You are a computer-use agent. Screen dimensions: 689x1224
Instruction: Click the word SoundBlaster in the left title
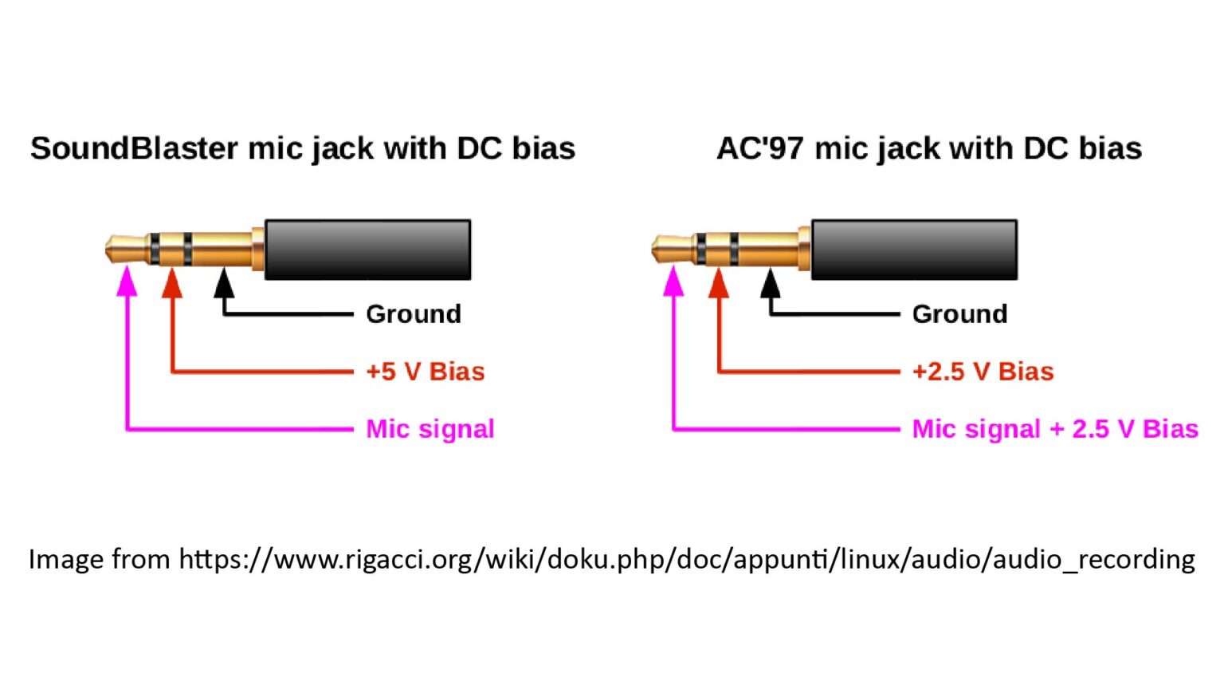tap(134, 149)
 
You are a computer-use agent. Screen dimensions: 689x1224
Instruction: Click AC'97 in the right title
tap(759, 149)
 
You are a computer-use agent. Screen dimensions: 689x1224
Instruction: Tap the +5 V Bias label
tap(425, 372)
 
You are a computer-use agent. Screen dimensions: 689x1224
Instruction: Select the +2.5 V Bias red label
tap(983, 372)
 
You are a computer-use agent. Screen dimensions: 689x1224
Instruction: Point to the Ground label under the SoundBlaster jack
tap(413, 314)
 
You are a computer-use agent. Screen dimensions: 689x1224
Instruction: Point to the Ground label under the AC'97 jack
tap(959, 314)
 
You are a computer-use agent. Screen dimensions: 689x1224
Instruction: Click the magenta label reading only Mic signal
tap(430, 429)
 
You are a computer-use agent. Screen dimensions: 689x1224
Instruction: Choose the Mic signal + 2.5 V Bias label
tap(1054, 429)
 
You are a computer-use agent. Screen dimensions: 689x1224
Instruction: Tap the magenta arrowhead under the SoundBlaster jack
tap(127, 282)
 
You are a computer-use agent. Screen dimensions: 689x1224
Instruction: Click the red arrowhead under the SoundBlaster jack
tap(172, 284)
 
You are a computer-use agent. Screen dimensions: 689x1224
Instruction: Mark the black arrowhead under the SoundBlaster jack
tap(225, 284)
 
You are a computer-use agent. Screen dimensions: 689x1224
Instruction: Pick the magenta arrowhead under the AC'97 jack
tap(673, 282)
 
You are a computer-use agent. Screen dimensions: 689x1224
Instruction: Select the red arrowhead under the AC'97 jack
tap(719, 284)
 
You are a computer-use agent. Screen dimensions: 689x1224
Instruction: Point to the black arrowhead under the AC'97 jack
tap(771, 284)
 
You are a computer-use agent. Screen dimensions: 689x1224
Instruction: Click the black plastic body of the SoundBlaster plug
tap(367, 250)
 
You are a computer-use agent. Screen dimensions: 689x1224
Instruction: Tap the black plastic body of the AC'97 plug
tap(914, 250)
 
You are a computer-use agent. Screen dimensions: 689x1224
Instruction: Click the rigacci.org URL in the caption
tap(686, 559)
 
